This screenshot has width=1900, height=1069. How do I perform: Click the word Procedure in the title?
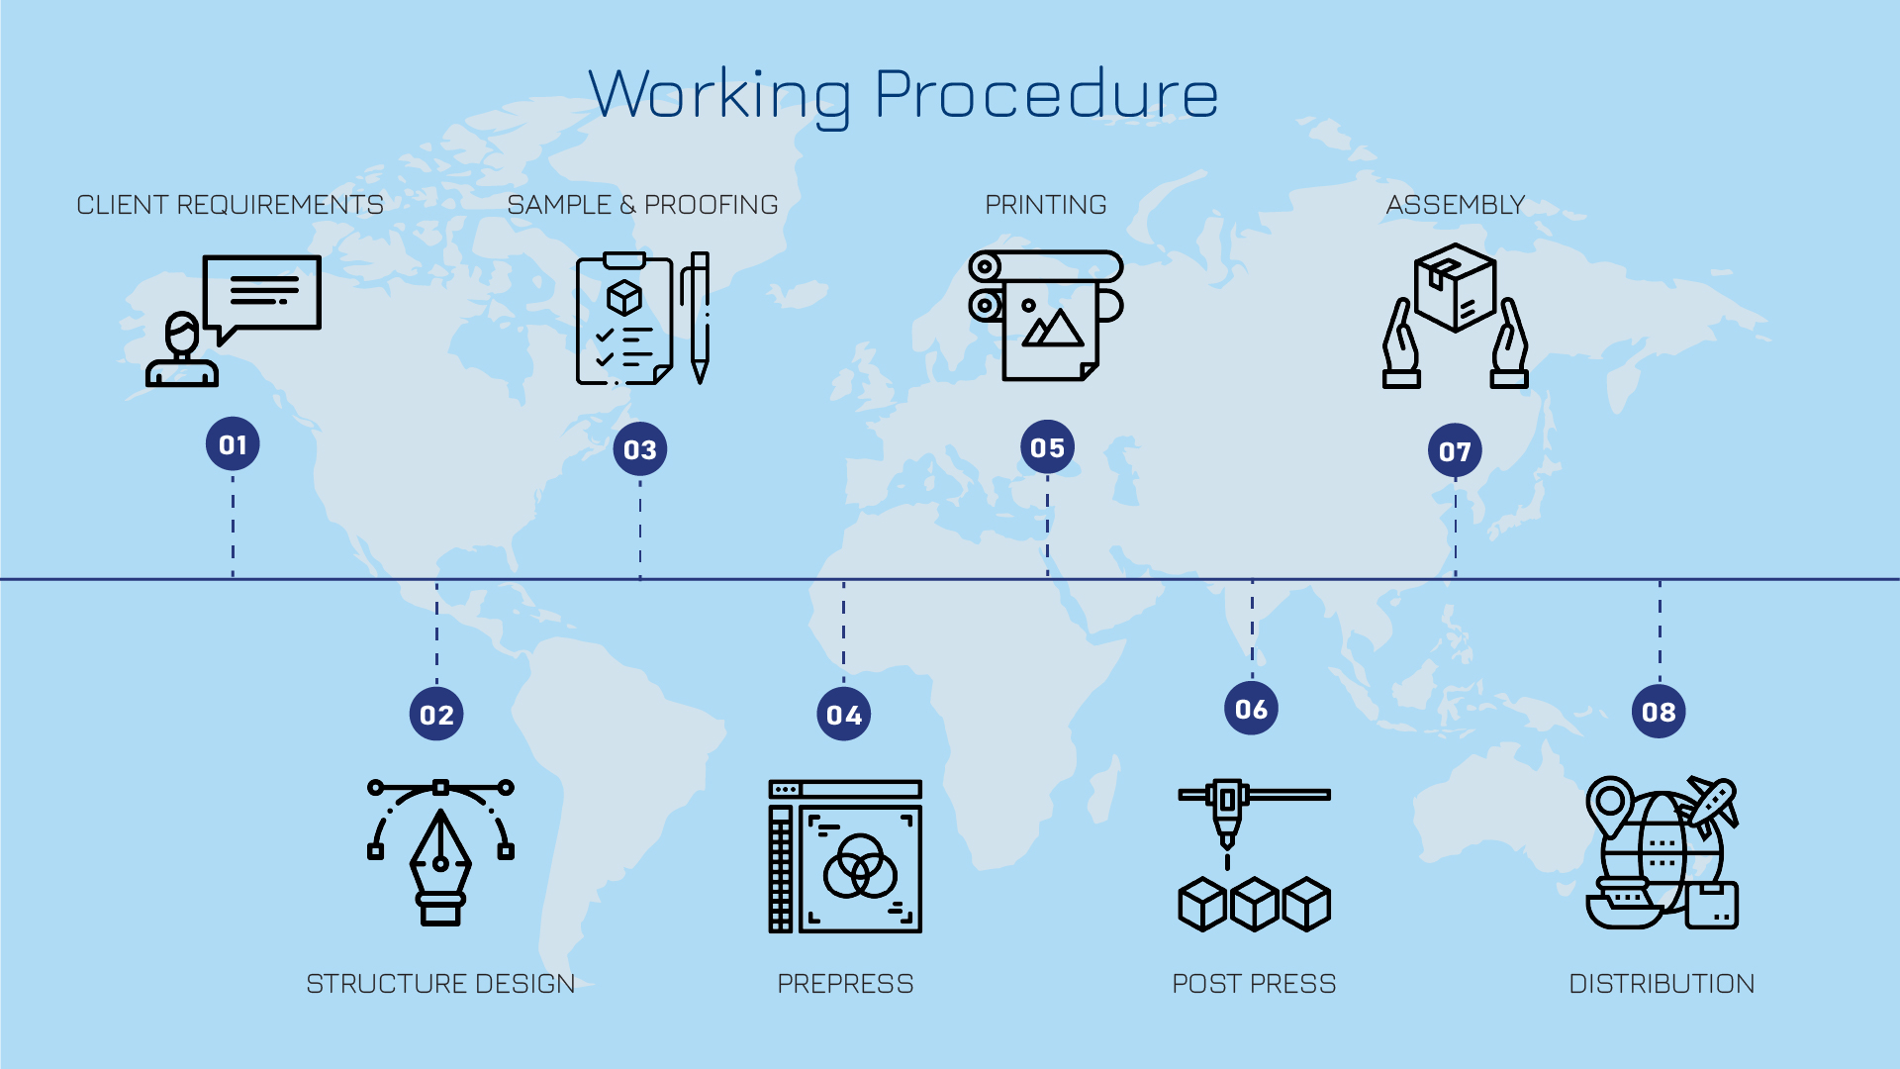(x=1046, y=96)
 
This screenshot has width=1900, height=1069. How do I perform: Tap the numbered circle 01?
(x=233, y=444)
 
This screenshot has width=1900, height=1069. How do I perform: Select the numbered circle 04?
(x=843, y=715)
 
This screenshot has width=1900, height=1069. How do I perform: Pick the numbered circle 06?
(x=1251, y=709)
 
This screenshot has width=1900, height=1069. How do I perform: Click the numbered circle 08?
(x=1659, y=712)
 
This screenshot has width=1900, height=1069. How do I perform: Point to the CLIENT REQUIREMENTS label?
(x=230, y=205)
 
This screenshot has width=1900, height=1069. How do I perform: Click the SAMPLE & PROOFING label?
(x=642, y=205)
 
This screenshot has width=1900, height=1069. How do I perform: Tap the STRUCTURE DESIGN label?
(x=440, y=984)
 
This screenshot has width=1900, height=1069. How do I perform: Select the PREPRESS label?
(x=845, y=984)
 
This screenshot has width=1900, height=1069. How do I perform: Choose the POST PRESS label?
(x=1254, y=984)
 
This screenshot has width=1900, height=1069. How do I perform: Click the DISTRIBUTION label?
(x=1662, y=984)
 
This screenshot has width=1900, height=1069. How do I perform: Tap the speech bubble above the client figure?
(x=262, y=292)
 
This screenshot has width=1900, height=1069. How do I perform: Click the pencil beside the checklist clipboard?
(x=700, y=317)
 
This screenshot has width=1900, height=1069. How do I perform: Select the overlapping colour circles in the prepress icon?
(x=859, y=866)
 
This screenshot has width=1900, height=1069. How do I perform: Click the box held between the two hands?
(x=1455, y=287)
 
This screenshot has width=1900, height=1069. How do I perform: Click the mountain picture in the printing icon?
(x=1052, y=329)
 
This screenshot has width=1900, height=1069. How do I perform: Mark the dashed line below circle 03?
(x=640, y=530)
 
